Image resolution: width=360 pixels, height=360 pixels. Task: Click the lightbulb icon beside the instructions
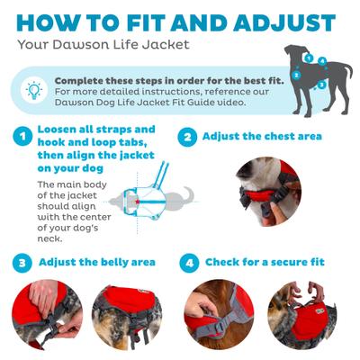(x=33, y=91)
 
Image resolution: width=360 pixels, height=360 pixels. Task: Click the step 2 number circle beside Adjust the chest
(x=187, y=137)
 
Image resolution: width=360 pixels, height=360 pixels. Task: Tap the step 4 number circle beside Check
(x=187, y=263)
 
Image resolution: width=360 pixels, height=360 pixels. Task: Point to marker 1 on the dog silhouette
(x=307, y=58)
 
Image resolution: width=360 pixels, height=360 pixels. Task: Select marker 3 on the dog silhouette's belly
(x=321, y=84)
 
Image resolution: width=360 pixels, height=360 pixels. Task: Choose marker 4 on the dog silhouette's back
(x=321, y=62)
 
